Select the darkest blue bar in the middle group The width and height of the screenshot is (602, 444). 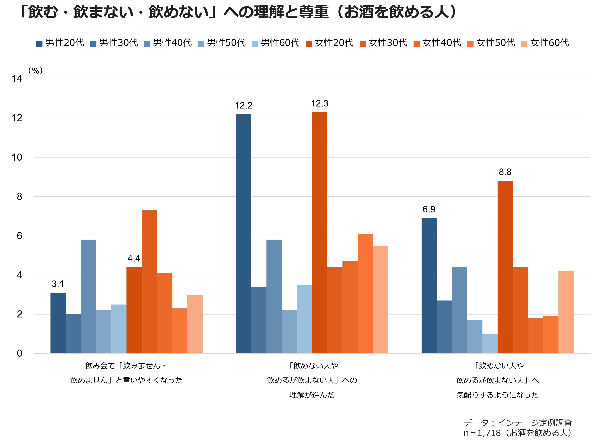coord(243,234)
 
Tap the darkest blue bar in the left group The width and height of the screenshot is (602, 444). coord(58,323)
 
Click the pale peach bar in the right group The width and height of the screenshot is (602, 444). coord(566,312)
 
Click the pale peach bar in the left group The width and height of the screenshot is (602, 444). coord(195,324)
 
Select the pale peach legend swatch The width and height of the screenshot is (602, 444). coord(524,44)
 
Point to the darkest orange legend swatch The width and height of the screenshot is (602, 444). coord(309,44)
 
